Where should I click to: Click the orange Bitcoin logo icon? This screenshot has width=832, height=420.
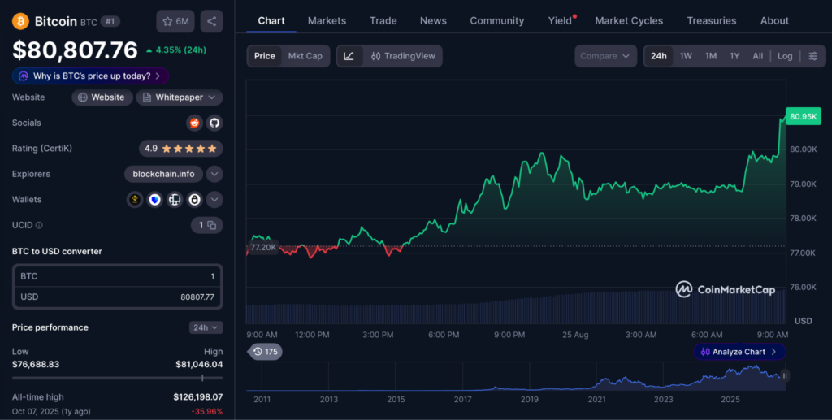click(20, 21)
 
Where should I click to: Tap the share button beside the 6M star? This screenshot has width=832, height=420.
click(212, 21)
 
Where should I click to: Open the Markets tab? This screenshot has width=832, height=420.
click(327, 20)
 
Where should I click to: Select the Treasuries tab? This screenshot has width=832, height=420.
click(712, 20)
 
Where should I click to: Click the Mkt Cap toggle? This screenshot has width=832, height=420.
click(305, 56)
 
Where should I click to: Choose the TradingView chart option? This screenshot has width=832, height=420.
click(403, 56)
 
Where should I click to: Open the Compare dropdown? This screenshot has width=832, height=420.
click(605, 56)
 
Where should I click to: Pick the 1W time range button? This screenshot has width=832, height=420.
click(686, 56)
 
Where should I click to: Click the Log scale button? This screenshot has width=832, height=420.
click(785, 56)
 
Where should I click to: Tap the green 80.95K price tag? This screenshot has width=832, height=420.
click(804, 117)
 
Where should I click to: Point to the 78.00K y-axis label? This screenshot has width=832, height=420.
click(804, 218)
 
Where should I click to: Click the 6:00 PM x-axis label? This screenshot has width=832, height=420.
click(444, 335)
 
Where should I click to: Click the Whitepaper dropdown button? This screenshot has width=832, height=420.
click(180, 97)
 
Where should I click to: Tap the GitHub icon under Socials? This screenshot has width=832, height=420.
click(214, 123)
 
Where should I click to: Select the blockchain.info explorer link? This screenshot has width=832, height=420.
click(163, 174)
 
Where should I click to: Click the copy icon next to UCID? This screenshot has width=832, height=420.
click(212, 225)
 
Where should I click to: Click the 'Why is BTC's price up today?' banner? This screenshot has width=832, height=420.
click(91, 76)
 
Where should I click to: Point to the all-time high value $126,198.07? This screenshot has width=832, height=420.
click(198, 396)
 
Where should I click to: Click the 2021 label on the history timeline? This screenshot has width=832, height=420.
click(596, 400)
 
